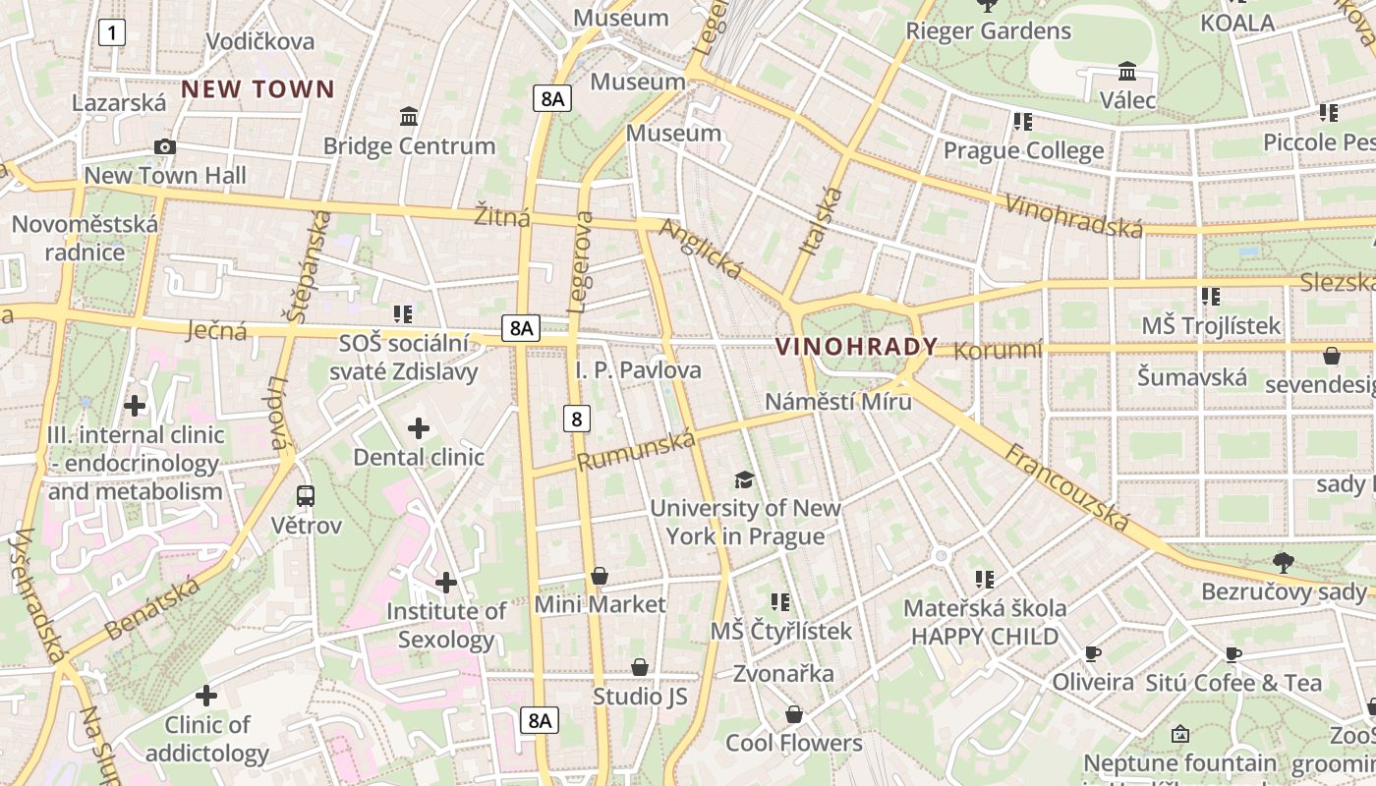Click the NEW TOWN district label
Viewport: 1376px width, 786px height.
click(x=258, y=89)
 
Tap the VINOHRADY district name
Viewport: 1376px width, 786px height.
click(x=856, y=347)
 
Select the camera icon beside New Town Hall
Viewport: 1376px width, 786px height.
click(x=165, y=147)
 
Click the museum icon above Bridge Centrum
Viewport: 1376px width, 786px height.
click(x=409, y=117)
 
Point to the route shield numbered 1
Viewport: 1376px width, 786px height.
click(x=112, y=33)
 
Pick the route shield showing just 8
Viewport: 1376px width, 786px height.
click(x=577, y=420)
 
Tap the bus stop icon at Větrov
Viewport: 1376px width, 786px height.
click(x=306, y=495)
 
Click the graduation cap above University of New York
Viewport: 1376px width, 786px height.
click(x=745, y=479)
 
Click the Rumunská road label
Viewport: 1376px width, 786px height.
click(x=636, y=450)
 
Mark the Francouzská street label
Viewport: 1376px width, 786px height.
click(x=1067, y=486)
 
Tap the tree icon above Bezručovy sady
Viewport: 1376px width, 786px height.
click(x=1283, y=562)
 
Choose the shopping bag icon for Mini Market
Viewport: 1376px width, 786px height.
click(x=600, y=576)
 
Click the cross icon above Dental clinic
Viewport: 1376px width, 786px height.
click(x=419, y=428)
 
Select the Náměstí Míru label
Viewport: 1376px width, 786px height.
click(x=837, y=402)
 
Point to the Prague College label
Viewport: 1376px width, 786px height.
click(x=1023, y=151)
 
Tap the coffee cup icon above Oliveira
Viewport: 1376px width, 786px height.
click(x=1092, y=653)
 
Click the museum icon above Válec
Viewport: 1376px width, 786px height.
click(x=1127, y=72)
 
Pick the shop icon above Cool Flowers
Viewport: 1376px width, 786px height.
click(x=794, y=714)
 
